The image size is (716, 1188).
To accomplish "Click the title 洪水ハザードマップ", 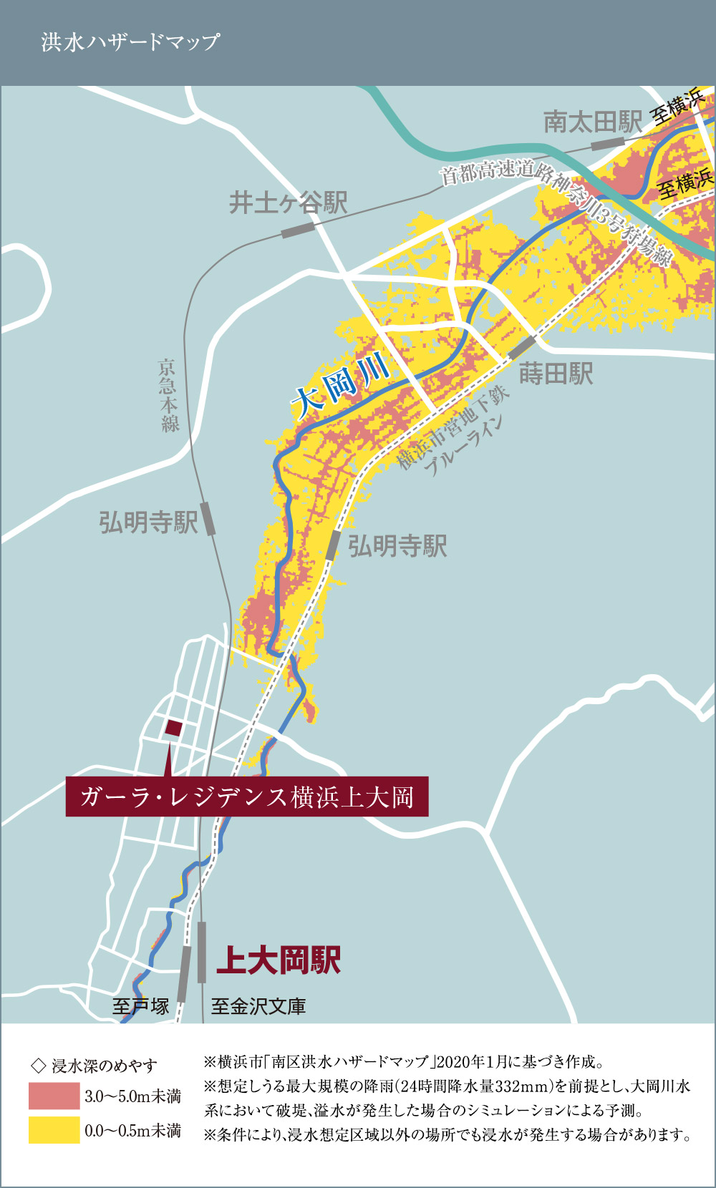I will pyautogui.click(x=130, y=42).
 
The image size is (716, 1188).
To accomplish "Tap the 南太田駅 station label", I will pyautogui.click(x=593, y=122).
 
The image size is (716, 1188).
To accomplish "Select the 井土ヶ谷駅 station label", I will pyautogui.click(x=288, y=203).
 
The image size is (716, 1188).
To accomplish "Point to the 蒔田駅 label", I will pyautogui.click(x=556, y=374).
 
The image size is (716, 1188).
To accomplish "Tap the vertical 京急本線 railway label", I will pyautogui.click(x=169, y=396).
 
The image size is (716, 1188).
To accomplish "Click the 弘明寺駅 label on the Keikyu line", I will pyautogui.click(x=148, y=522).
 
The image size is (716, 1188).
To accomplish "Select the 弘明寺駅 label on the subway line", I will pyautogui.click(x=397, y=547).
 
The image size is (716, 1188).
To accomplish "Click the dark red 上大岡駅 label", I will pyautogui.click(x=279, y=960).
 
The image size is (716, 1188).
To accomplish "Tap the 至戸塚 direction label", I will pyautogui.click(x=141, y=1006).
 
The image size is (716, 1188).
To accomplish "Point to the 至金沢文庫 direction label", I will pyautogui.click(x=258, y=1006).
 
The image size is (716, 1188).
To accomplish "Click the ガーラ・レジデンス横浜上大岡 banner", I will pyautogui.click(x=247, y=797).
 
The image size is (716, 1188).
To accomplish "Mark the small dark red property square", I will pyautogui.click(x=173, y=729).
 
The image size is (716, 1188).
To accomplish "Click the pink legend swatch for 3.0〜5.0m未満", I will pyautogui.click(x=54, y=1096).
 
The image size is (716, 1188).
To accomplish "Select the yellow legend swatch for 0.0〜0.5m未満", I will pyautogui.click(x=54, y=1130).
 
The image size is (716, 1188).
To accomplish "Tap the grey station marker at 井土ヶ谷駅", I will pyautogui.click(x=298, y=230).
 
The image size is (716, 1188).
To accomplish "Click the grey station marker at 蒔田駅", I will pyautogui.click(x=522, y=348).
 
